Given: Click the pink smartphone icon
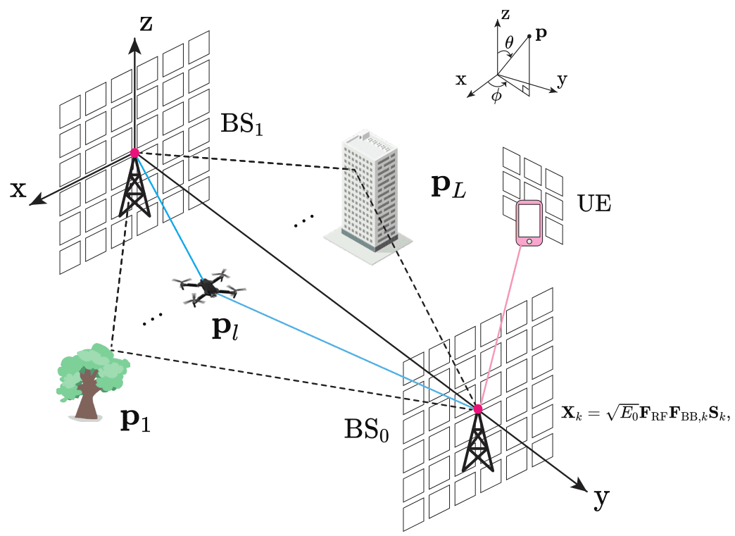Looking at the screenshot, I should point(529,223).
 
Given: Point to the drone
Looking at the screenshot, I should point(208,287).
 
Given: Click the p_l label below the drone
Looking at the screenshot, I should point(226,328).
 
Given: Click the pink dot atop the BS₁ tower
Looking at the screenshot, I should point(134,153).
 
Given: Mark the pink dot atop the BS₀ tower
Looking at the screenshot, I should point(478,409).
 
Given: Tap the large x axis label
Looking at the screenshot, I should point(19,189).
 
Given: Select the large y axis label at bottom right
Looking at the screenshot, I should point(601,498).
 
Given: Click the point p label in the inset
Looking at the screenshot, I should point(541,34).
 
